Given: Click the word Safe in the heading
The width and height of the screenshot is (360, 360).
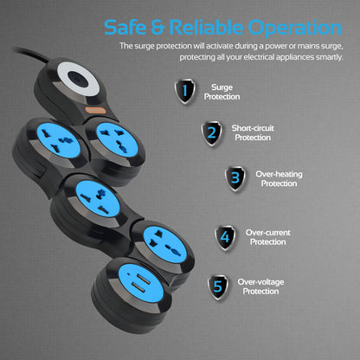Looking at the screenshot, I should tap(128, 27).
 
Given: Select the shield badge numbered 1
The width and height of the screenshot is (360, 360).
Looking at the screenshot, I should tap(184, 91).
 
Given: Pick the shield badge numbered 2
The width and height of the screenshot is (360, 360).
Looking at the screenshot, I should tap(211, 133).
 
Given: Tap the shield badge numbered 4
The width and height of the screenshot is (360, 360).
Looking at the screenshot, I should tap(226, 237).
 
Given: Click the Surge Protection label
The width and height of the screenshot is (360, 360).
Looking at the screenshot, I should tap(222, 92).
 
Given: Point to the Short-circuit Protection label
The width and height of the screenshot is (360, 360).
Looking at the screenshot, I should tap(253, 133).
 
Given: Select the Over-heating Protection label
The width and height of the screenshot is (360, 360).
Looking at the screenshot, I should tap(279, 178).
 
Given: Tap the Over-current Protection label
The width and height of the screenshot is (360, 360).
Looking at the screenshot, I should tap(267, 236).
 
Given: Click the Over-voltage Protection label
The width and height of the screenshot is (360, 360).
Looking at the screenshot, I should tap(260, 286).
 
